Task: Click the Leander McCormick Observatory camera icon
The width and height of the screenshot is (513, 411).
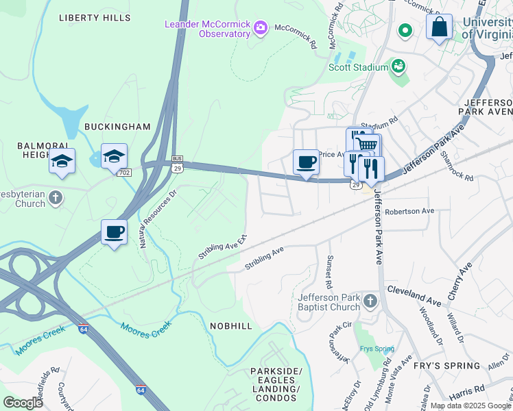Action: pos(260,28)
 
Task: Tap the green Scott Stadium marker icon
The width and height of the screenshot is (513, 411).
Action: pos(397,66)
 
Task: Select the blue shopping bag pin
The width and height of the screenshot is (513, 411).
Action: pos(439,27)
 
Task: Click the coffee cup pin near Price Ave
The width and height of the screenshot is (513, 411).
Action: pos(306,162)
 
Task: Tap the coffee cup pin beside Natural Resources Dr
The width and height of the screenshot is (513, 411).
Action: pos(115,232)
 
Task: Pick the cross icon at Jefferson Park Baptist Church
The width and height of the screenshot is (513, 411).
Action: pos(370,301)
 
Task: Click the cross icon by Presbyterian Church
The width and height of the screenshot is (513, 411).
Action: pos(56,198)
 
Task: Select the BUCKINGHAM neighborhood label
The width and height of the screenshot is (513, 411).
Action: pos(117,127)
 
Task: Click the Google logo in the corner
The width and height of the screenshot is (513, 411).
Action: pos(23,402)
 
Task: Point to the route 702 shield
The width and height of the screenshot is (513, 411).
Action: pos(124,173)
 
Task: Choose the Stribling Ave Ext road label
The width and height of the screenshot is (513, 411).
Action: pos(222,247)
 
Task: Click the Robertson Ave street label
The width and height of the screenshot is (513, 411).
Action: pos(409,211)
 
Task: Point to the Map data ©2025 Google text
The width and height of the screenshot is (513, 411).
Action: pos(470,406)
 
